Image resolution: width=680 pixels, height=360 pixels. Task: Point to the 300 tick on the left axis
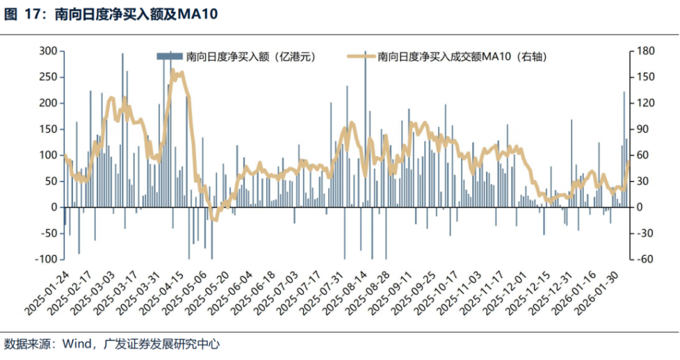pyautogui.click(x=48, y=51)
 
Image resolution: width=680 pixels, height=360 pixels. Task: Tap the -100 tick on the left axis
pyautogui.click(x=45, y=260)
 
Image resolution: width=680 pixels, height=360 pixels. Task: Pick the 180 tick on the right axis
pyautogui.click(x=645, y=51)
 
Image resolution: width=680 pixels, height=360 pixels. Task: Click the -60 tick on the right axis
pyautogui.click(x=643, y=260)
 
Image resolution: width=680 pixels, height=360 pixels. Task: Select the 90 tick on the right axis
pyautogui.click(x=643, y=130)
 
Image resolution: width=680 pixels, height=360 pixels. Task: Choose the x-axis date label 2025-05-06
pyautogui.click(x=187, y=292)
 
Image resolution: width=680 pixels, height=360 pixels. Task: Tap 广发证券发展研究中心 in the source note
pyautogui.click(x=159, y=344)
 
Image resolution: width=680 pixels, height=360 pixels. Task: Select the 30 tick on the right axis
pyautogui.click(x=643, y=181)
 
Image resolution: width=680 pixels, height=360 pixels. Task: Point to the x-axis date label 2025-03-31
pyautogui.click(x=140, y=292)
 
